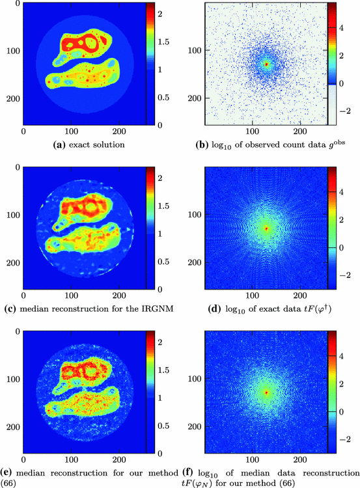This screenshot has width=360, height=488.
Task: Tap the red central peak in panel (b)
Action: click(x=266, y=64)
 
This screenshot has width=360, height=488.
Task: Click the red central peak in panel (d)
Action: click(x=266, y=228)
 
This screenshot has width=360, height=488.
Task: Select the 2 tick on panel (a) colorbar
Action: click(x=159, y=12)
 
